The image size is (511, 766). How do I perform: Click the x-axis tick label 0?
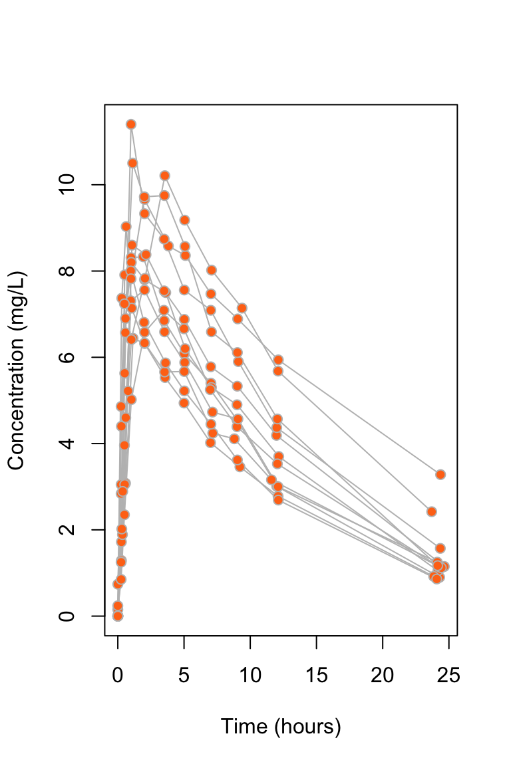118,676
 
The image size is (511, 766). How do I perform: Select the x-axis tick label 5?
184,676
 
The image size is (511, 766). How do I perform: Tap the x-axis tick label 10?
250,676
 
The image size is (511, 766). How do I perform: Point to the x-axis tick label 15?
316,676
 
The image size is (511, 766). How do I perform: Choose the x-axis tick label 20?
383,676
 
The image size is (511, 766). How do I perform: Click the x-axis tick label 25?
448,676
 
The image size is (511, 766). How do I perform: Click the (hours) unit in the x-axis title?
309,727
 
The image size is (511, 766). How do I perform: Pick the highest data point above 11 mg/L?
131,124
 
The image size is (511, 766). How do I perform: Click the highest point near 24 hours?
440,474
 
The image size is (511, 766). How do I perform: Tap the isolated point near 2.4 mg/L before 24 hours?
431,512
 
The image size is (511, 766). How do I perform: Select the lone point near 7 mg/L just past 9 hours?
242,308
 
